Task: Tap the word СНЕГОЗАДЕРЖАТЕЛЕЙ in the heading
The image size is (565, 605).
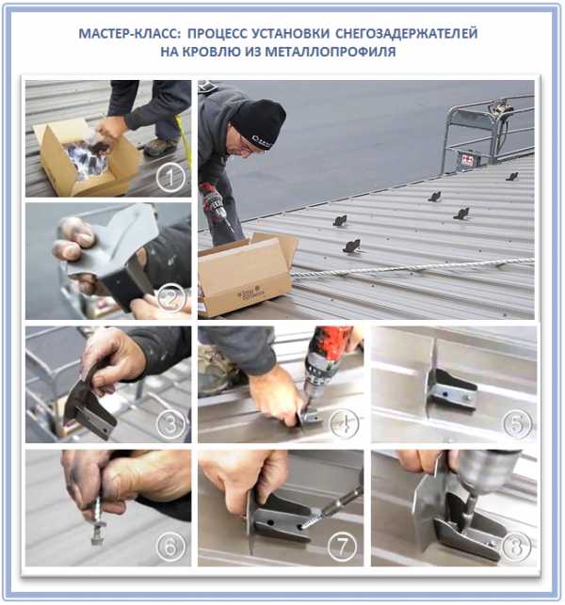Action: point(406,33)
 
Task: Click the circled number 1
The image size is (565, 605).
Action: point(170,177)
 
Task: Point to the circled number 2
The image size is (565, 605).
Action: point(171,297)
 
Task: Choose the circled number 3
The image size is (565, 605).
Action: point(170,424)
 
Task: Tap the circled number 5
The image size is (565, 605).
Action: point(517,423)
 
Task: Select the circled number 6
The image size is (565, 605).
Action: point(170,547)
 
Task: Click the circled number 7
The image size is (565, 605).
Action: point(342,547)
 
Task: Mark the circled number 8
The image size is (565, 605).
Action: point(516,546)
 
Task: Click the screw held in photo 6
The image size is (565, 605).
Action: point(97,521)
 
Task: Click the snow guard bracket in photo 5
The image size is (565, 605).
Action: point(453,389)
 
